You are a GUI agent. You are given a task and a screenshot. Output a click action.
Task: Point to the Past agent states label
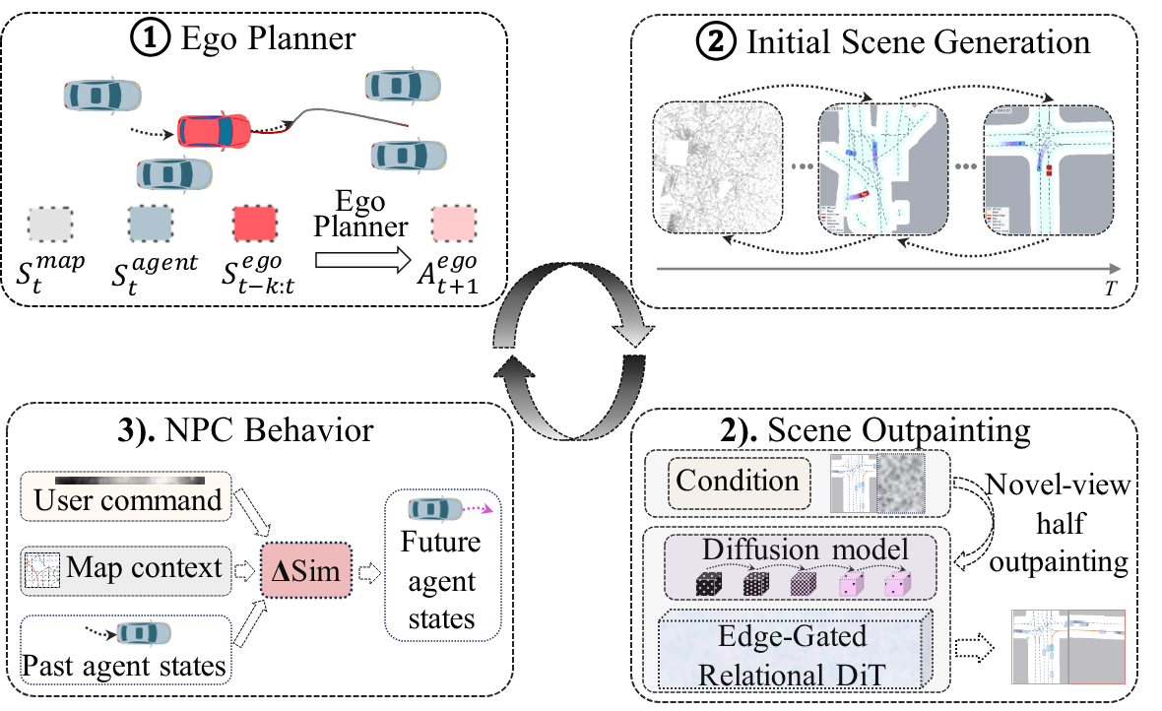pos(123,667)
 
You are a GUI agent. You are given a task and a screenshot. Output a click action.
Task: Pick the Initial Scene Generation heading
pos(917,43)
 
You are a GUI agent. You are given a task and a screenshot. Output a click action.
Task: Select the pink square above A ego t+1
pos(455,225)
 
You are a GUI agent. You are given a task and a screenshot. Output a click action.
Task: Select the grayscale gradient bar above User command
pos(130,480)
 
